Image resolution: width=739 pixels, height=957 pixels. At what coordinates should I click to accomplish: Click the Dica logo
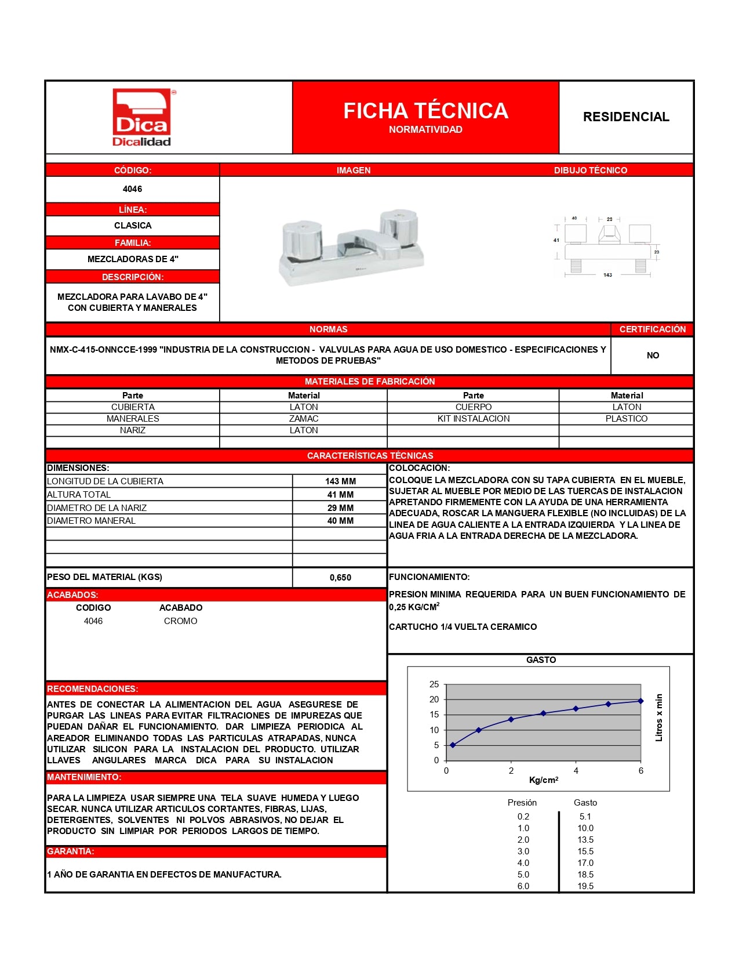[x=142, y=118]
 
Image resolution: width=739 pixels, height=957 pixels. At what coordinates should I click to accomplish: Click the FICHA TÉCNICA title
[x=425, y=111]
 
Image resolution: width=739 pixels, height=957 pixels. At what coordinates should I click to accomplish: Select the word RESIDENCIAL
[x=626, y=117]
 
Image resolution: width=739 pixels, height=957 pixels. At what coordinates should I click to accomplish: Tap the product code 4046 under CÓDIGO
[x=132, y=189]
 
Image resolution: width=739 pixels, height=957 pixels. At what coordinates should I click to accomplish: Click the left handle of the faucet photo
[x=303, y=240]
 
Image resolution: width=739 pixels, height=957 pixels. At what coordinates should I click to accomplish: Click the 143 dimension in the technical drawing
[x=607, y=275]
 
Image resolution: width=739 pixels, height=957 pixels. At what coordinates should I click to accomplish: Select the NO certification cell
[x=653, y=356]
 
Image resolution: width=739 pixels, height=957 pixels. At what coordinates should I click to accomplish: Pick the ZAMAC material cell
[x=304, y=419]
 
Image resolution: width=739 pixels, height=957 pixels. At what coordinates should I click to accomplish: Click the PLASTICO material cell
[x=627, y=419]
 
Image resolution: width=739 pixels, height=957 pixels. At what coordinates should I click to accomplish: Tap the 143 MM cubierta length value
[x=340, y=481]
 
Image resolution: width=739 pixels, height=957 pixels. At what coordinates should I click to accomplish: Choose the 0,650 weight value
[x=340, y=578]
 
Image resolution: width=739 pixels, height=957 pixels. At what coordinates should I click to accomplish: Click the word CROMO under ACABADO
[x=180, y=621]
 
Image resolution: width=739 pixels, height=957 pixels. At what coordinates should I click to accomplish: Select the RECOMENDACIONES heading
[x=93, y=689]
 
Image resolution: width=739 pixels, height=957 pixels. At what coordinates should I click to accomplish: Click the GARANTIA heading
[x=71, y=851]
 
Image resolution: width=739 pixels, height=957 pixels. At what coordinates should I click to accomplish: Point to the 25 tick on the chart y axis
[x=434, y=684]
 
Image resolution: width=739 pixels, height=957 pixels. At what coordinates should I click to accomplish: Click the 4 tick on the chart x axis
[x=576, y=771]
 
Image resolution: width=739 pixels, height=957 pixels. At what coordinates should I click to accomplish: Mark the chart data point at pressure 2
[x=511, y=719]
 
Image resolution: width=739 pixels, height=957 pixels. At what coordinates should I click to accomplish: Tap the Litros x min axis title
[x=659, y=717]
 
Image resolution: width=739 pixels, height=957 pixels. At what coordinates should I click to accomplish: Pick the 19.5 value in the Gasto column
[x=585, y=886]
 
